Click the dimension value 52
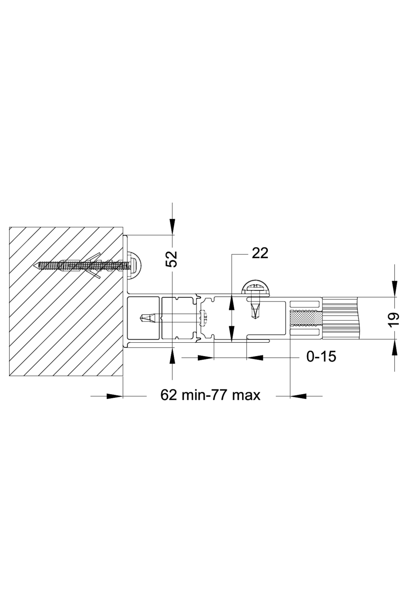click(x=173, y=259)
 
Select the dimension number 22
click(x=260, y=253)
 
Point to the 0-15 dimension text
click(x=321, y=356)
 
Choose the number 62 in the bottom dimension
click(x=169, y=395)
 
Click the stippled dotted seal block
click(x=305, y=318)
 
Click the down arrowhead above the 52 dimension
click(x=173, y=228)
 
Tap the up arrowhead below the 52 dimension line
click(x=173, y=354)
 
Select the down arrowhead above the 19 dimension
click(x=394, y=290)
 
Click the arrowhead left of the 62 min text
click(x=114, y=395)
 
